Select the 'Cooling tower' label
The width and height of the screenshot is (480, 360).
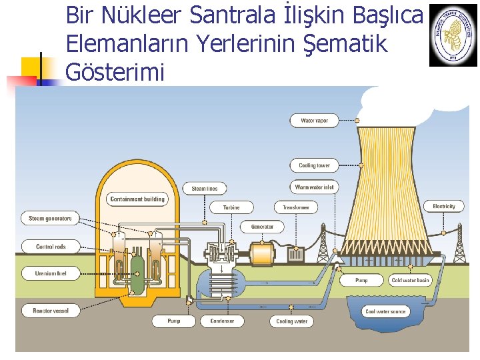(x=314, y=165)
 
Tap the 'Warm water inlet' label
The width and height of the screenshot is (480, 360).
(x=314, y=187)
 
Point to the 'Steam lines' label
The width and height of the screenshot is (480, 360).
(x=205, y=189)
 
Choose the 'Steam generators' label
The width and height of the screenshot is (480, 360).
(x=51, y=218)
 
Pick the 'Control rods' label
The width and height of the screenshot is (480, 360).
(x=51, y=247)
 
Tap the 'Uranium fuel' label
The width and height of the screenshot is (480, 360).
(x=51, y=273)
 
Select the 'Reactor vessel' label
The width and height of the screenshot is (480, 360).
(x=51, y=311)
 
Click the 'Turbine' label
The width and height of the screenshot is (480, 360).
(x=231, y=207)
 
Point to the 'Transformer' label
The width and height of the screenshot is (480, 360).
(x=295, y=207)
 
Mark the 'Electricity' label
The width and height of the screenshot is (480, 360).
(x=443, y=207)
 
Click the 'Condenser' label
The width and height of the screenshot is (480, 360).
(x=222, y=321)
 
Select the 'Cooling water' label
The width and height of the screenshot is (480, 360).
(x=292, y=321)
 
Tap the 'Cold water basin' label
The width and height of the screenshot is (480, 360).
(x=410, y=281)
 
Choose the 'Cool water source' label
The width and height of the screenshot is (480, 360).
(x=385, y=311)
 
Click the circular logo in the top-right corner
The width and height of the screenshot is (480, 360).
(x=453, y=34)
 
